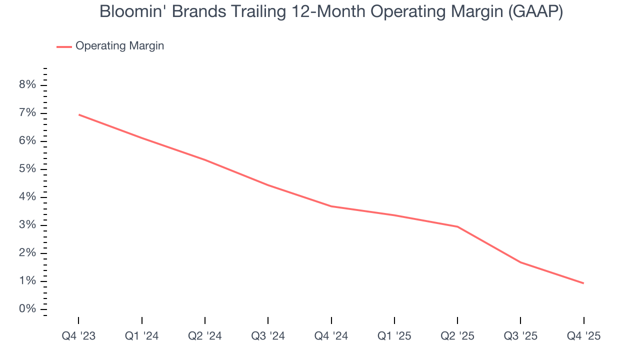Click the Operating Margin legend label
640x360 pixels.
click(119, 46)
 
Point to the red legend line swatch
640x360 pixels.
click(64, 46)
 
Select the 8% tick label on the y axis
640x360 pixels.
click(27, 85)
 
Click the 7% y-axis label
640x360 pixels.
click(27, 113)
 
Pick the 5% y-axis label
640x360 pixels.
click(27, 169)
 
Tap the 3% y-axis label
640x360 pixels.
click(27, 225)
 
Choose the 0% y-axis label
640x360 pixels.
click(27, 309)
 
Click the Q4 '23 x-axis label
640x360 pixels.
click(78, 336)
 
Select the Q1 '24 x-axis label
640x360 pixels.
click(142, 336)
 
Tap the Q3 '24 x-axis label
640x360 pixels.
click(268, 336)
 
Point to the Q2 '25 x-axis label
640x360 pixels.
click(457, 336)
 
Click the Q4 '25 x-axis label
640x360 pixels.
click(583, 336)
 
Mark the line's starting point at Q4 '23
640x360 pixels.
click(79, 114)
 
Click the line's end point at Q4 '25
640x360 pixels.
click(583, 283)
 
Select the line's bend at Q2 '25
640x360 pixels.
click(457, 226)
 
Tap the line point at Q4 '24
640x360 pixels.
click(331, 206)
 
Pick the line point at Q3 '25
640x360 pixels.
click(520, 262)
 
